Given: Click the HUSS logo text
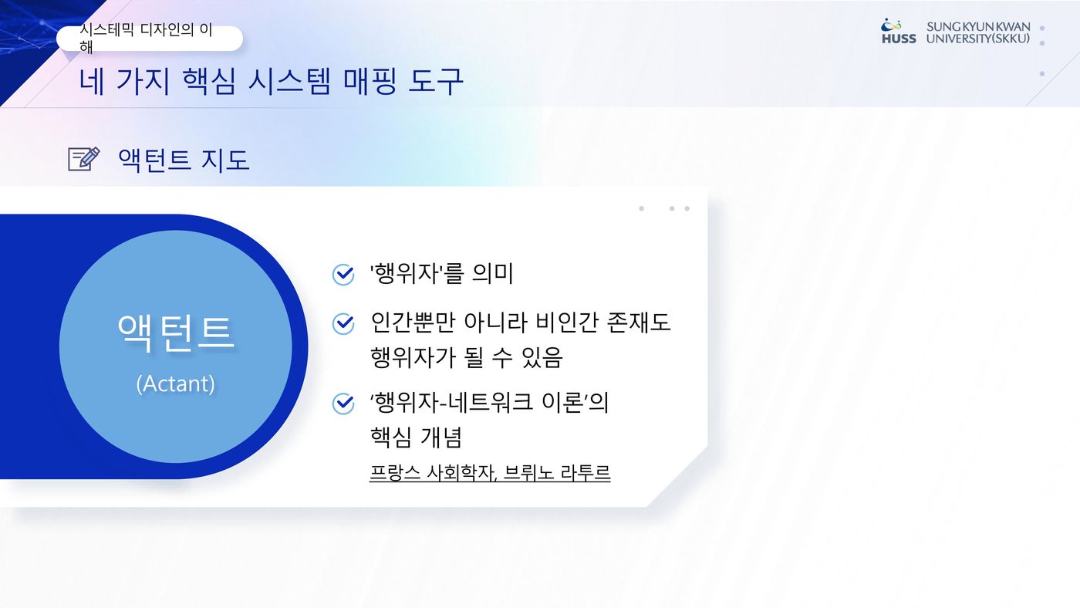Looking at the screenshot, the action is point(899,39).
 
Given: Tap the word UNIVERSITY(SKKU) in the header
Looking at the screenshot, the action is point(978,39).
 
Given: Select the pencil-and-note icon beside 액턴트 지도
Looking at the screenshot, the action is point(84,159).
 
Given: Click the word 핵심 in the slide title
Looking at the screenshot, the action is point(209,81).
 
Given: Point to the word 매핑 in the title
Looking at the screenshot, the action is point(370,81).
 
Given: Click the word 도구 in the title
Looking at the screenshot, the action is point(435,81).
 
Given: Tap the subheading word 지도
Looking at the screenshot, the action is point(225,160).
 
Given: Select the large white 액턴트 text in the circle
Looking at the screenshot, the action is point(176,333).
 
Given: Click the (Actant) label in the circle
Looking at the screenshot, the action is point(176,383).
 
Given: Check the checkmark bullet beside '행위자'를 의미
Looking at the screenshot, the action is point(343,275).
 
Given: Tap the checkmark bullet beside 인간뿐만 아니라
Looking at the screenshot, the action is point(343,323).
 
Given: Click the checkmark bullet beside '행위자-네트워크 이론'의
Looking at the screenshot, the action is point(343,403).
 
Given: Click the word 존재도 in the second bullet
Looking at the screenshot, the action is point(639,322).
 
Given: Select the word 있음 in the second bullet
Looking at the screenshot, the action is point(542,357).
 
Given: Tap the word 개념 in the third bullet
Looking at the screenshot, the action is point(440,437).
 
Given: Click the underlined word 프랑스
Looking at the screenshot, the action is point(395,472).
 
